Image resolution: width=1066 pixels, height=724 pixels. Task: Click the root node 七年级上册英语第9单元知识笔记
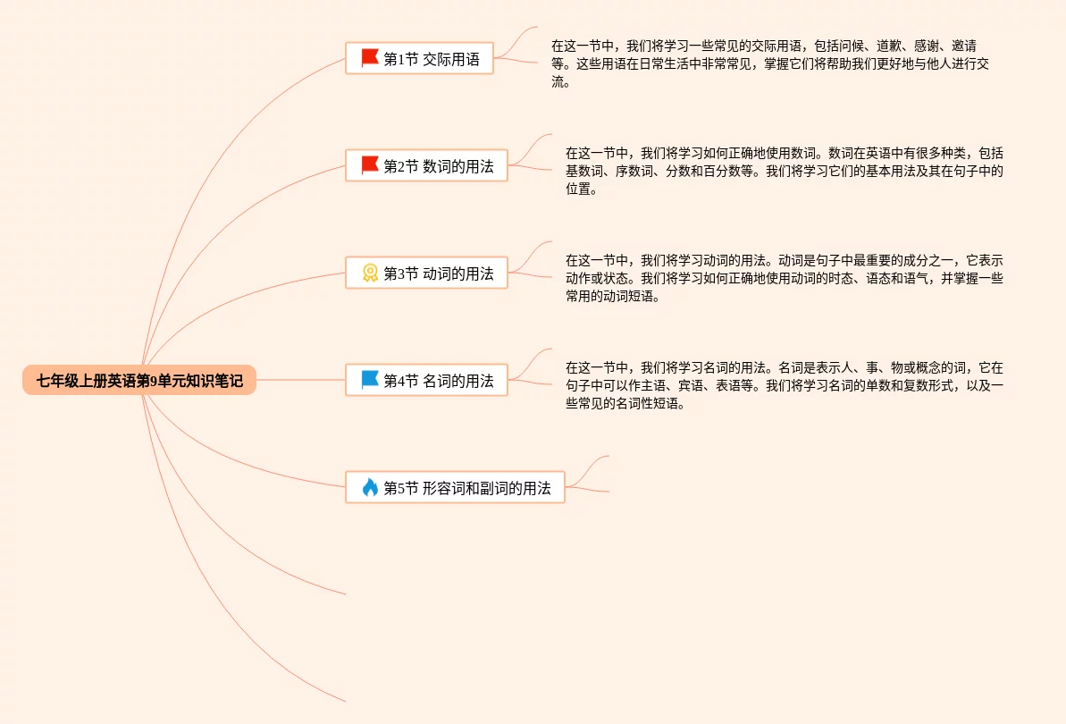click(139, 381)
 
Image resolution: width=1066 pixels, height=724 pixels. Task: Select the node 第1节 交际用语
click(419, 59)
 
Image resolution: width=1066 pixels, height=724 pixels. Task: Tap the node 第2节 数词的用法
click(426, 166)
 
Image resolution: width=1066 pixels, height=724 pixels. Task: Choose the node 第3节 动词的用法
click(426, 274)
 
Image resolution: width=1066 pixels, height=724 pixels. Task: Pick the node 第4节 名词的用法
click(426, 381)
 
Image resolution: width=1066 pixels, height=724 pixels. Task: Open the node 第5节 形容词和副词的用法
click(455, 488)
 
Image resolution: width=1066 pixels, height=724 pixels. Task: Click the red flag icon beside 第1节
click(370, 58)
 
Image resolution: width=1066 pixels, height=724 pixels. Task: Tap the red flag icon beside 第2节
click(370, 165)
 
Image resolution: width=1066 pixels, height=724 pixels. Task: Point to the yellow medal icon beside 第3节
click(370, 273)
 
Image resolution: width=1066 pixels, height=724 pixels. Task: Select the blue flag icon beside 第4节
click(370, 380)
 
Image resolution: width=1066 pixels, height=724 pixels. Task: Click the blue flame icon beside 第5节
click(370, 487)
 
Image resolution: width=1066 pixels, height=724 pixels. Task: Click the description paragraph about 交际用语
click(768, 63)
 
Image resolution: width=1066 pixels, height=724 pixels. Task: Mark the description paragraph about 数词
click(784, 171)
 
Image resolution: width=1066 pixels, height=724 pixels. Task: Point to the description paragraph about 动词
click(784, 278)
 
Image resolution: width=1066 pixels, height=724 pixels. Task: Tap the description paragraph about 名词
click(784, 385)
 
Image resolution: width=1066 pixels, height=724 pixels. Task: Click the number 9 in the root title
click(154, 381)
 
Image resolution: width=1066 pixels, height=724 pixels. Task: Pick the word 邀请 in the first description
click(963, 46)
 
